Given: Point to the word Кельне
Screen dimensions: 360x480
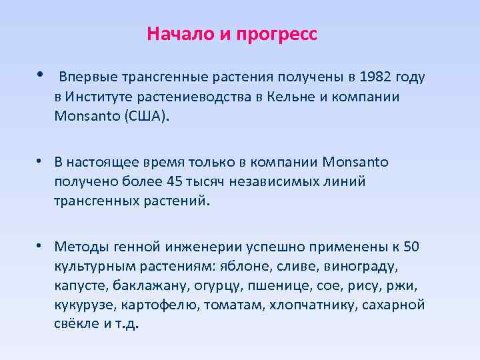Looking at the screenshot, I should click(x=289, y=97).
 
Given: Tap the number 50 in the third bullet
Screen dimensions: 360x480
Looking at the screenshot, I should click(x=412, y=247).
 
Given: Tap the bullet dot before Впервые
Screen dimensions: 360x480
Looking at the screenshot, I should click(x=41, y=75).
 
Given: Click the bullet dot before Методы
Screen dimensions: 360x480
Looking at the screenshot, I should click(x=41, y=246).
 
